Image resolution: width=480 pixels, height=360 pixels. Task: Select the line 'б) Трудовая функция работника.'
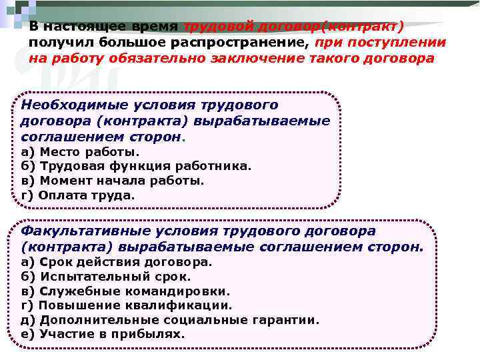137,166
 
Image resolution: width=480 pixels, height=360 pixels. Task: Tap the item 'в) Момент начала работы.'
113,181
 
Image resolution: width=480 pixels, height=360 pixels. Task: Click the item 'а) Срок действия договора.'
117,262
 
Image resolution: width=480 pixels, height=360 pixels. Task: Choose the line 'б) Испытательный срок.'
106,277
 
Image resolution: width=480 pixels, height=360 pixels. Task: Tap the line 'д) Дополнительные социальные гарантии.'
170,320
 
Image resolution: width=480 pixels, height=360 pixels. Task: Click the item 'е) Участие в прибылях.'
103,334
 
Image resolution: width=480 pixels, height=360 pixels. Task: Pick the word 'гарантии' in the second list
290,320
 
